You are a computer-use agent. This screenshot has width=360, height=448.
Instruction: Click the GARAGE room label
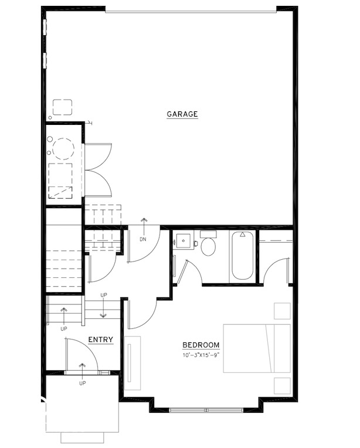182,114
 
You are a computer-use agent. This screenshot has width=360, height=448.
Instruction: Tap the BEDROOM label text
201,345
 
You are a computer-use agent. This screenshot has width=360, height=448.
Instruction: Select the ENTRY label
100,340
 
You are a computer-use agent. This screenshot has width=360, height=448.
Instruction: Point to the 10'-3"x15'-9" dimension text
201,355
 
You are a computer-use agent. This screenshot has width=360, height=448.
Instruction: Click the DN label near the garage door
142,240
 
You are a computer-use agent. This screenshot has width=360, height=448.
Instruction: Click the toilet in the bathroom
208,245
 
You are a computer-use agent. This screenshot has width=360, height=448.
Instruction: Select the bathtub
242,256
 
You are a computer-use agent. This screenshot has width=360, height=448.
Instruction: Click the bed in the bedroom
256,348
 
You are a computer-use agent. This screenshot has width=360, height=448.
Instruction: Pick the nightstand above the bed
283,311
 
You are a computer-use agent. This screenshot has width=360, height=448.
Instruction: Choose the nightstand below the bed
283,385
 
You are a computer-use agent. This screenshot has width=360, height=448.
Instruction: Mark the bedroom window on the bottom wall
205,408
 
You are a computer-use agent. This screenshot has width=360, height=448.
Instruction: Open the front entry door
81,355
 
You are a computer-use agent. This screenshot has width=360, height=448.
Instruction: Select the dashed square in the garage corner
62,107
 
